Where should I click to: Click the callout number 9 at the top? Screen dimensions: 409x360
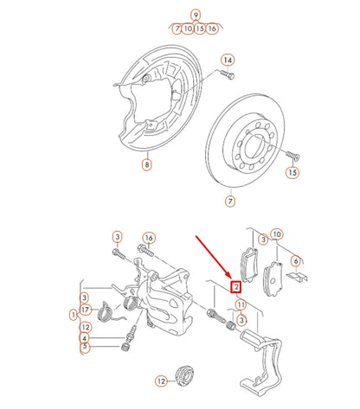coord(196,15)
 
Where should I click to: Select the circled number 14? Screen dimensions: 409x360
coord(228,60)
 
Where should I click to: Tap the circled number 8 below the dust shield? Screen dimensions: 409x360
coord(147,163)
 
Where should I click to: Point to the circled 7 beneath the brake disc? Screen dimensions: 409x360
coord(229,201)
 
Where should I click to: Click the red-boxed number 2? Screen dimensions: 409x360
coord(236,286)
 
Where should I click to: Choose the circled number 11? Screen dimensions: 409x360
coord(241,304)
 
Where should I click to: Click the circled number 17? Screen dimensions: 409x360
coord(85,309)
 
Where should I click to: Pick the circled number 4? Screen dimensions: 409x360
coord(85,338)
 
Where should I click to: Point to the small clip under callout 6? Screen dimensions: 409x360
coord(299,277)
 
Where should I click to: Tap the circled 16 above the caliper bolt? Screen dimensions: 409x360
coord(148,238)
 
